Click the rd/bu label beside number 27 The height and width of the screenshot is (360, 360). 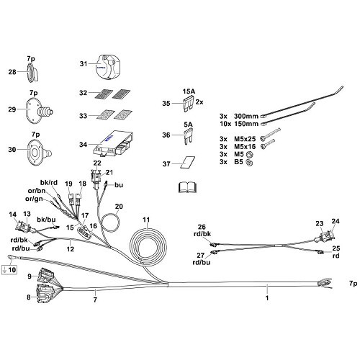201,264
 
